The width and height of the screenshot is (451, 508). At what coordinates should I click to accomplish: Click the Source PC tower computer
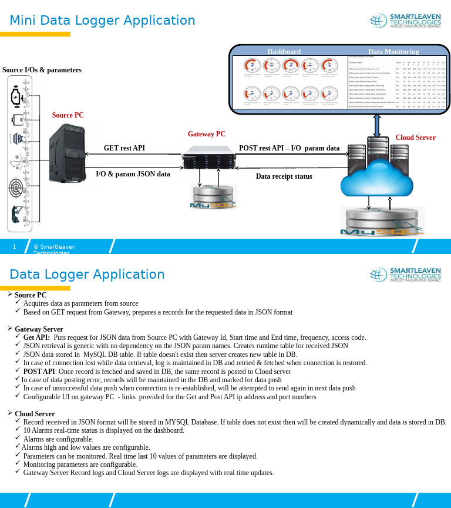click(x=66, y=153)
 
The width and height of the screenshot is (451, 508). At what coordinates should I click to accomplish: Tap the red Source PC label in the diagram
click(x=68, y=115)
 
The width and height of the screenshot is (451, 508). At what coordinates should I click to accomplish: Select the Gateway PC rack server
click(x=206, y=161)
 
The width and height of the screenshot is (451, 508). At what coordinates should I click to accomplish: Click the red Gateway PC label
click(x=206, y=134)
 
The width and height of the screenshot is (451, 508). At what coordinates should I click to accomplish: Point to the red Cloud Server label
click(x=415, y=138)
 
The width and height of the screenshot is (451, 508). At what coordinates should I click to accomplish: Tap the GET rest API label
click(x=124, y=148)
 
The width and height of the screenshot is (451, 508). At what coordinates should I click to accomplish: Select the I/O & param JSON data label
click(x=133, y=174)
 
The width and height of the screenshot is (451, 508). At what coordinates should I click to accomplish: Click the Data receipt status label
click(x=284, y=176)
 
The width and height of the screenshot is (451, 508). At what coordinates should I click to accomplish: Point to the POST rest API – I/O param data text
click(x=289, y=148)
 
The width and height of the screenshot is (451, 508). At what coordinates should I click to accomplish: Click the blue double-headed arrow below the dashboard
click(x=377, y=126)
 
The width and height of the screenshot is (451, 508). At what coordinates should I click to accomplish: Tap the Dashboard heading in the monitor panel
click(x=284, y=52)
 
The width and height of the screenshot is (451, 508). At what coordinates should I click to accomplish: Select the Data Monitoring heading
click(x=393, y=52)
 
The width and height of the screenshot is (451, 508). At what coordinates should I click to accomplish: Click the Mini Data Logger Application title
click(x=102, y=21)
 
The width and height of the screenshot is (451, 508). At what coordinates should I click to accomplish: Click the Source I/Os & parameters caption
click(x=42, y=70)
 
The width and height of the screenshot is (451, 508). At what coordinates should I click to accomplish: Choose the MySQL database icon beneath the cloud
click(x=382, y=222)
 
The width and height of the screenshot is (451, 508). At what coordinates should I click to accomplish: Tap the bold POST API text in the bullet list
click(x=39, y=372)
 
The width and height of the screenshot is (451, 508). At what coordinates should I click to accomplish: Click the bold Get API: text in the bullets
click(x=36, y=337)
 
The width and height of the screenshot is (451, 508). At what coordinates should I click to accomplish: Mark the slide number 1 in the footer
click(x=15, y=246)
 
